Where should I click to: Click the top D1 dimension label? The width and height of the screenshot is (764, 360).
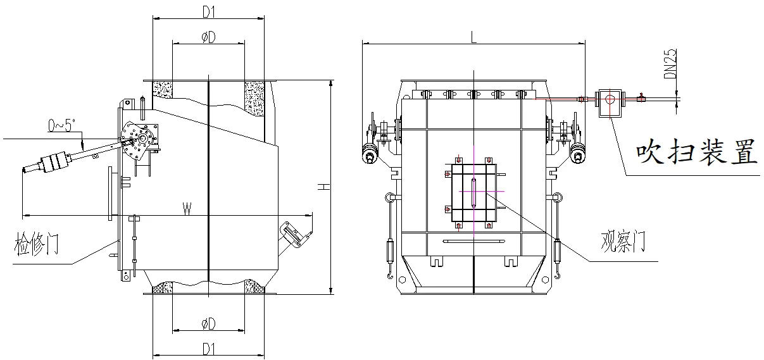[209, 12]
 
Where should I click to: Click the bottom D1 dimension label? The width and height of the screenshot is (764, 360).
[209, 349]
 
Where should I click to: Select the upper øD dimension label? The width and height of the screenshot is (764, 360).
[209, 37]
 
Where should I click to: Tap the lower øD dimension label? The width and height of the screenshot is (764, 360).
[209, 323]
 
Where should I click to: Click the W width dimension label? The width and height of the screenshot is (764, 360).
[187, 209]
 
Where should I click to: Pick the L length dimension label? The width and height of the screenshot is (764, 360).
[473, 37]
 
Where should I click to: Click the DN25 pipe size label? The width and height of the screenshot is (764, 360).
[670, 64]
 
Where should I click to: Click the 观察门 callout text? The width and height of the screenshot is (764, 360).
[623, 241]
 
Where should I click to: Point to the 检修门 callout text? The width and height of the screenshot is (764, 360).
[37, 244]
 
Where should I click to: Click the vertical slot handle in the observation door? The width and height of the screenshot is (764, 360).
[473, 192]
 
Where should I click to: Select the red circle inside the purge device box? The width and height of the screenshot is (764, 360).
[610, 99]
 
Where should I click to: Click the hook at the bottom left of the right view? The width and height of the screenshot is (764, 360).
[390, 274]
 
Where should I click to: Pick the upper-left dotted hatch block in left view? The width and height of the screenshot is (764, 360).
[163, 90]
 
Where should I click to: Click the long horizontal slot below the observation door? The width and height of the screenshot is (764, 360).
[473, 241]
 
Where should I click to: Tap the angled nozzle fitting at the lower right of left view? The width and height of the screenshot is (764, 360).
[293, 234]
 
